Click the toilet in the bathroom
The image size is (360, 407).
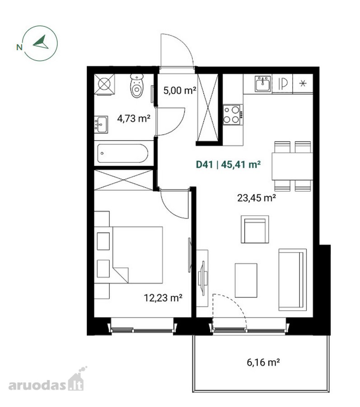(x=136, y=85)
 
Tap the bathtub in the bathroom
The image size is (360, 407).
(x=123, y=153)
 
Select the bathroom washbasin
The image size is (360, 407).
(x=101, y=124)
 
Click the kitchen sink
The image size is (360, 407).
(x=263, y=84)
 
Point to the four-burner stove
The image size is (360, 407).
(x=233, y=115)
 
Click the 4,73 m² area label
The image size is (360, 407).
(x=134, y=118)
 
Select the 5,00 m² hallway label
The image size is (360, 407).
(x=180, y=90)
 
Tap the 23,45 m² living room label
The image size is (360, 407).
(x=257, y=198)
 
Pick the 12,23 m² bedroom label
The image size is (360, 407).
(x=163, y=298)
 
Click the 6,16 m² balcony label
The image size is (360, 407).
(x=263, y=362)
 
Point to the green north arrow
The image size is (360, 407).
(x=41, y=43)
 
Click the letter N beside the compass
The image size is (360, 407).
(x=19, y=47)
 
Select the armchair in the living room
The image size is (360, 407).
(x=255, y=229)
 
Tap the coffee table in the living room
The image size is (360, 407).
(x=246, y=280)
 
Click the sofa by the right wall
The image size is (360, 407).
(x=292, y=280)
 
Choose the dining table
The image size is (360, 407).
(x=292, y=166)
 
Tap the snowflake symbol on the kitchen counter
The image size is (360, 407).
(x=303, y=83)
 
